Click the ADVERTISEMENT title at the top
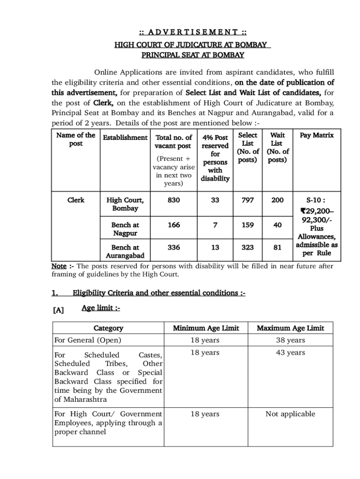coord(193,32)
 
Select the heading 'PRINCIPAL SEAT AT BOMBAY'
coord(193,55)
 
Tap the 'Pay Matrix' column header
coord(317,136)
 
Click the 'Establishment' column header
coord(125,138)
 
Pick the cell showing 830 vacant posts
coord(173,200)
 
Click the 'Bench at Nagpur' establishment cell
coord(125,229)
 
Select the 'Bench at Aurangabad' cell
coord(125,251)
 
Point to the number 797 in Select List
coord(248,200)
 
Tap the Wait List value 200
coord(277,200)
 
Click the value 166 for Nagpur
coord(173,225)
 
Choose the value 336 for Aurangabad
coord(173,247)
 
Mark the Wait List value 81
coord(277,247)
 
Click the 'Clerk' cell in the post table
coord(76,200)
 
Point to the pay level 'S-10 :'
coord(316,200)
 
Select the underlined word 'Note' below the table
coord(58,266)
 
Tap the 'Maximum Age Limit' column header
coord(290,328)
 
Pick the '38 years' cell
coord(290,340)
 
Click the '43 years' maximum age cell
coord(290,353)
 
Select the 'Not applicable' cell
coord(290,414)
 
